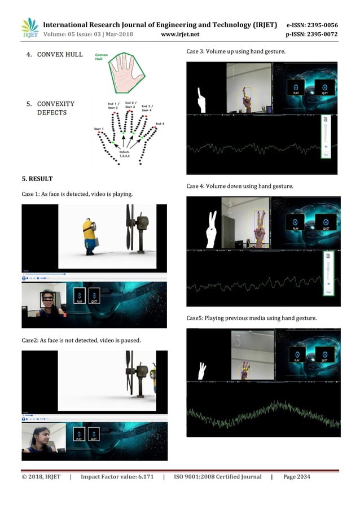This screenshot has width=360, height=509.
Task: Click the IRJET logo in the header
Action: coord(29,28)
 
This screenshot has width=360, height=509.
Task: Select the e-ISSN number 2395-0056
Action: coord(321,25)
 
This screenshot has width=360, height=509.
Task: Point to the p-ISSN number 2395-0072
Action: coord(321,34)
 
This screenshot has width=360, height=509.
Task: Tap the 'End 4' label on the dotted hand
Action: coord(160,124)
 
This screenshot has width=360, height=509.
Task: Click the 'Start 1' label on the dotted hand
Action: coord(99,129)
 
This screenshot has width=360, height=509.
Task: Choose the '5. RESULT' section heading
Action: coord(37,179)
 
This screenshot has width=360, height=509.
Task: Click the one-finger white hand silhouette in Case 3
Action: coord(200,100)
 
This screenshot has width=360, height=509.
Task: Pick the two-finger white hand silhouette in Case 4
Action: coord(211,230)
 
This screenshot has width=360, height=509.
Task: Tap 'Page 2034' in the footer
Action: coord(296,477)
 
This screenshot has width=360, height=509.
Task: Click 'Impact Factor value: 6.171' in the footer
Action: coord(117,477)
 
